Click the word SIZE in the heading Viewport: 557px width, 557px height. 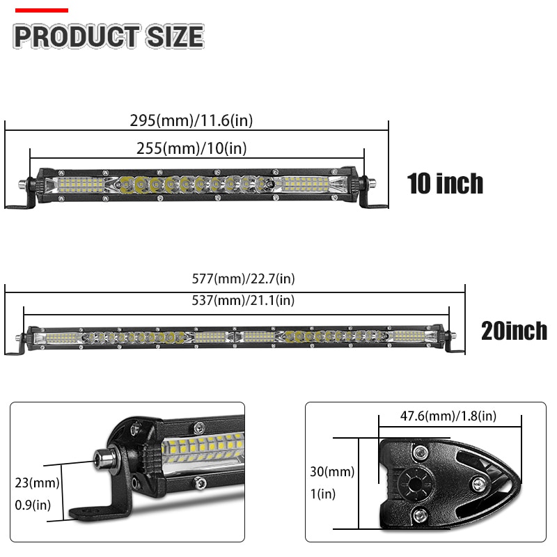click(x=175, y=36)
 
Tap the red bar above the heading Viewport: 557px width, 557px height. click(x=42, y=10)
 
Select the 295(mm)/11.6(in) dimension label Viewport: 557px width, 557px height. click(x=191, y=120)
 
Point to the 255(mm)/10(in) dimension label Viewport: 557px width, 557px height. click(x=191, y=148)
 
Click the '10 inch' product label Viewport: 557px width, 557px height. click(x=445, y=184)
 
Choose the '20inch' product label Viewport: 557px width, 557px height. click(x=514, y=331)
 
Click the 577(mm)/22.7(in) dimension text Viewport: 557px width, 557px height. click(x=243, y=278)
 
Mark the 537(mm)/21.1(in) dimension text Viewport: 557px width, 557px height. click(x=243, y=301)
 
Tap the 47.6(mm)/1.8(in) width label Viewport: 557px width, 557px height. click(x=448, y=416)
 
